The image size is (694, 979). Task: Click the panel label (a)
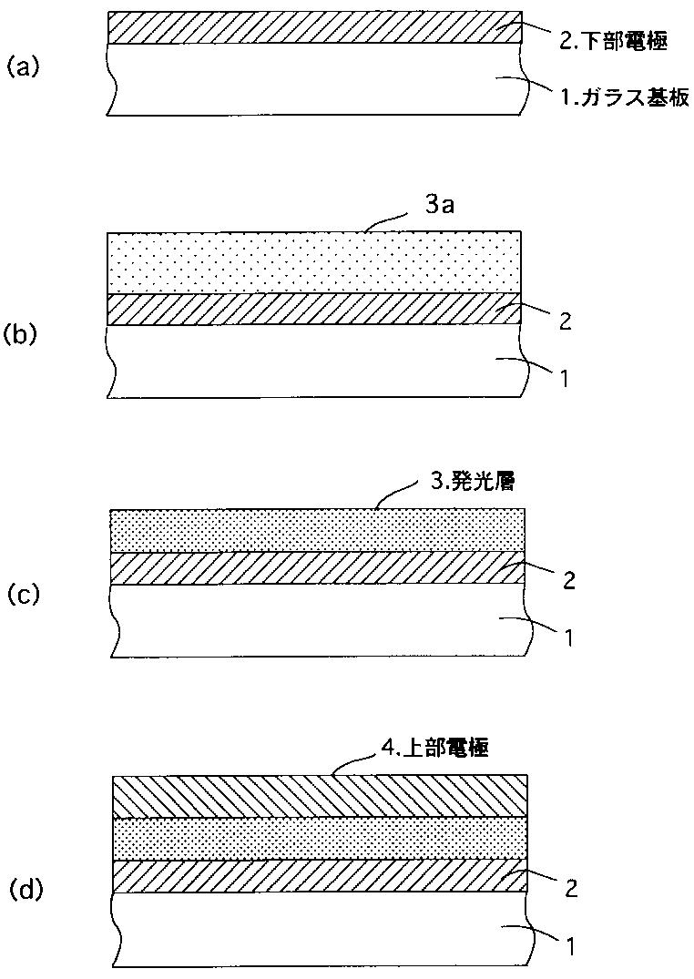point(23,66)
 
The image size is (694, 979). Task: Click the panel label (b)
point(23,333)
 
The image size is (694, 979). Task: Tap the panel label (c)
point(23,595)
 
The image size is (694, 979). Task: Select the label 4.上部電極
point(434,750)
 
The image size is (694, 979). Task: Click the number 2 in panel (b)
point(566,321)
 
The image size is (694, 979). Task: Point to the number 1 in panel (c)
point(567,637)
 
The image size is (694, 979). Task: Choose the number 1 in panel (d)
point(569,947)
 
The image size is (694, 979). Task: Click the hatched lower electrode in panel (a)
point(314,28)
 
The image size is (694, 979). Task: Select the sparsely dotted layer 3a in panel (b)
point(314,263)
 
